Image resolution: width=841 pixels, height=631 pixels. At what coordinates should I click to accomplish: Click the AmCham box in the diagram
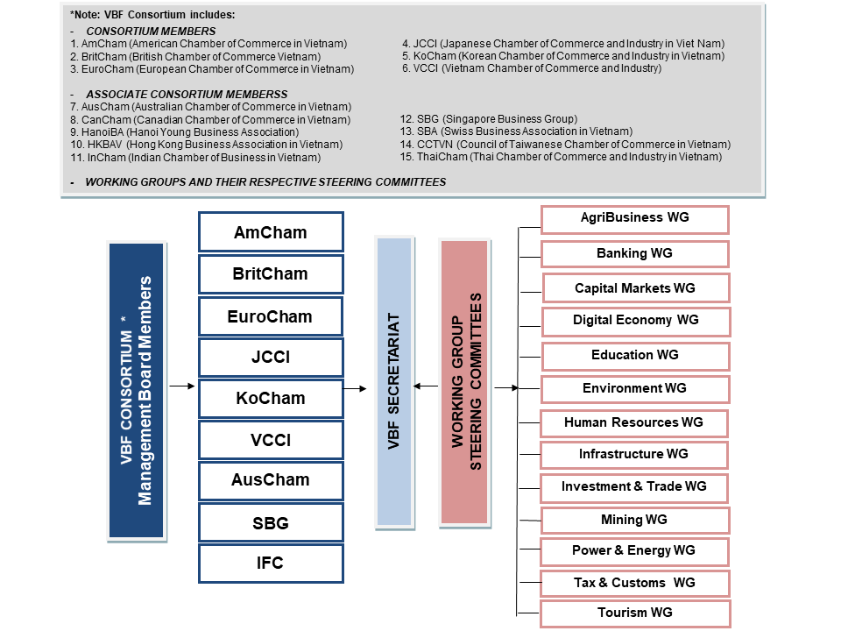click(271, 231)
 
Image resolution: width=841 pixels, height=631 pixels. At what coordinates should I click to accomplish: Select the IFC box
click(271, 564)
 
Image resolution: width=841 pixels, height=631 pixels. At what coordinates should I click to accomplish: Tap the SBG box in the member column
click(271, 522)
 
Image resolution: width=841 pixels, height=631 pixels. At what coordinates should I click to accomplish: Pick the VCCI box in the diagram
click(271, 440)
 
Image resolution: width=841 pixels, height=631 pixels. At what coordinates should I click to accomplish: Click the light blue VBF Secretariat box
click(394, 382)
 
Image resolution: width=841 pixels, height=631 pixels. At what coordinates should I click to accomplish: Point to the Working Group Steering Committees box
click(464, 382)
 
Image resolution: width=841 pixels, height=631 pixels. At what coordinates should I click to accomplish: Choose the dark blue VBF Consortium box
click(137, 391)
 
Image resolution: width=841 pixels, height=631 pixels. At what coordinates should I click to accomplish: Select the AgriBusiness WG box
click(635, 219)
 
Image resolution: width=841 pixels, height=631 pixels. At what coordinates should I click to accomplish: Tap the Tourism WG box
click(635, 613)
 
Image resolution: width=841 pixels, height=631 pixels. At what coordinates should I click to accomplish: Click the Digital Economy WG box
click(636, 322)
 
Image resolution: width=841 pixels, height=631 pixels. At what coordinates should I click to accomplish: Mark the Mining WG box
click(635, 521)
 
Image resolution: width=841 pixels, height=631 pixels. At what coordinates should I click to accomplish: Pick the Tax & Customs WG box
click(635, 584)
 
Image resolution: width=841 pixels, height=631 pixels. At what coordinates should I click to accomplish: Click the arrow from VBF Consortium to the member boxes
click(182, 386)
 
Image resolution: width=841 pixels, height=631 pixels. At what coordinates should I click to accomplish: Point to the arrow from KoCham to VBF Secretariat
click(355, 388)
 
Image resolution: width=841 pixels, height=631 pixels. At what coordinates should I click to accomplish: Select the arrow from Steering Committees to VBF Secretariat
click(426, 386)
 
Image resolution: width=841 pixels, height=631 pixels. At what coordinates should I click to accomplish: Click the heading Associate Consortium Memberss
click(187, 95)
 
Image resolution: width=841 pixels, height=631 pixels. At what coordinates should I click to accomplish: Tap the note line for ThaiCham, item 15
click(561, 157)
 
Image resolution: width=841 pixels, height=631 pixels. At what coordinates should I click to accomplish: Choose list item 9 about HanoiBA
click(185, 132)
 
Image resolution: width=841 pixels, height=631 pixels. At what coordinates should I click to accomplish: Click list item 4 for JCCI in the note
click(563, 44)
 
